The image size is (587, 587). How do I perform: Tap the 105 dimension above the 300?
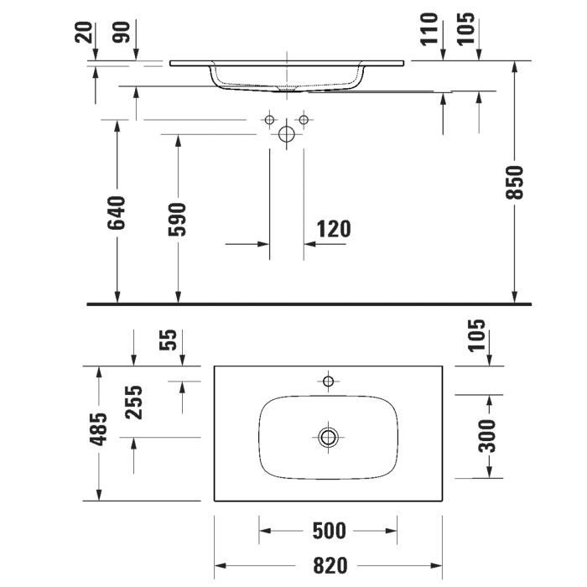[x=478, y=336]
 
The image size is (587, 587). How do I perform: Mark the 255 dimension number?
[x=134, y=402]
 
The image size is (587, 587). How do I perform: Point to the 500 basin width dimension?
[x=328, y=531]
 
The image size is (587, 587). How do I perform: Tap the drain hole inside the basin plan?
[x=328, y=436]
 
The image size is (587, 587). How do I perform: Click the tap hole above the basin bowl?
[x=328, y=382]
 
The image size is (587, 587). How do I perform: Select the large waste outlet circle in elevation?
[x=286, y=133]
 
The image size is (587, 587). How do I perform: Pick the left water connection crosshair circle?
[x=269, y=121]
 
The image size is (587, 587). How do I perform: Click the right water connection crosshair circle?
[x=304, y=121]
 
